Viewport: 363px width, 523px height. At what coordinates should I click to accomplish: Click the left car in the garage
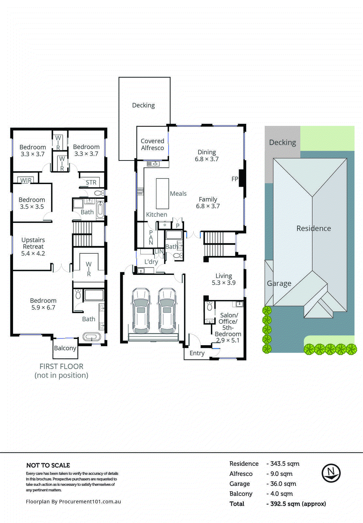pyautogui.click(x=141, y=311)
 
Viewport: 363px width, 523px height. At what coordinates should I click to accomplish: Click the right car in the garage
pyautogui.click(x=167, y=311)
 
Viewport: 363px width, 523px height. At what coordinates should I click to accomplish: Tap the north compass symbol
pyautogui.click(x=331, y=473)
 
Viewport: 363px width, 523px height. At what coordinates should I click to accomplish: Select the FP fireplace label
pyautogui.click(x=235, y=179)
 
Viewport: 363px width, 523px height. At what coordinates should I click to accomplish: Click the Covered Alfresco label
pyautogui.click(x=152, y=144)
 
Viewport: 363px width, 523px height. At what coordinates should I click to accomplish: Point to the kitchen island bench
pyautogui.click(x=162, y=194)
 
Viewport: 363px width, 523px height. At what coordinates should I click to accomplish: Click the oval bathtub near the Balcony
pyautogui.click(x=91, y=337)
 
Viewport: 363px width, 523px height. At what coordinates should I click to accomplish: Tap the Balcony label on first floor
pyautogui.click(x=65, y=348)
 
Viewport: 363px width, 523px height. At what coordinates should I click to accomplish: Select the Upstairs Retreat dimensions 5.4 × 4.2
pyautogui.click(x=33, y=253)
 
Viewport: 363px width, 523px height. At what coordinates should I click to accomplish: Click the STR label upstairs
pyautogui.click(x=91, y=182)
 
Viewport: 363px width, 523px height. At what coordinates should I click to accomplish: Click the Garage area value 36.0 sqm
pyautogui.click(x=283, y=484)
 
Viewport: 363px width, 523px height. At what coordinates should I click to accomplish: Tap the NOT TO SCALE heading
pyautogui.click(x=48, y=465)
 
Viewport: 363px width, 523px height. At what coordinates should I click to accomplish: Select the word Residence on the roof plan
pyautogui.click(x=313, y=228)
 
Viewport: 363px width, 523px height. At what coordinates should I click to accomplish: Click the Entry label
pyautogui.click(x=197, y=353)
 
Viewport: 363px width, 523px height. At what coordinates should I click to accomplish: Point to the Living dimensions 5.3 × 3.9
pyautogui.click(x=224, y=283)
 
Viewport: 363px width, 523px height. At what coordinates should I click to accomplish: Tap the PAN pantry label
pyautogui.click(x=151, y=237)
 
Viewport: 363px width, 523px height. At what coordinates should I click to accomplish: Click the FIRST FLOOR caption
pyautogui.click(x=61, y=366)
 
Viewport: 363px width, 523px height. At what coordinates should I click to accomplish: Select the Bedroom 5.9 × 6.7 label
pyautogui.click(x=43, y=304)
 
